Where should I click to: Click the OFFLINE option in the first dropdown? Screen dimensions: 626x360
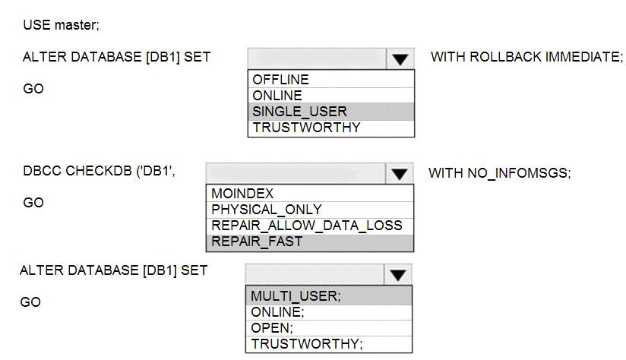[280, 80]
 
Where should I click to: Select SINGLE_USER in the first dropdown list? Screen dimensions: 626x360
[299, 112]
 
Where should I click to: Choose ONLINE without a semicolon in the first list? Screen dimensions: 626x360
[277, 96]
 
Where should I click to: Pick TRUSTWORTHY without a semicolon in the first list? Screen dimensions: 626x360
[306, 128]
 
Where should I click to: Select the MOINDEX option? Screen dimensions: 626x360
[242, 194]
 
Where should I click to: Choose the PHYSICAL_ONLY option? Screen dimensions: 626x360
[267, 210]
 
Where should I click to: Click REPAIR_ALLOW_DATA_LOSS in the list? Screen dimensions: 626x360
[307, 226]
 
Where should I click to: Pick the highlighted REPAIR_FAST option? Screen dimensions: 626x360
[257, 242]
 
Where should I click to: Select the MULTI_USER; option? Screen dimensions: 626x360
[296, 296]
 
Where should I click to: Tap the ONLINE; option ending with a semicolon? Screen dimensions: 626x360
[277, 312]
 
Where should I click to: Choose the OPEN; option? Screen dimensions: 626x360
[271, 328]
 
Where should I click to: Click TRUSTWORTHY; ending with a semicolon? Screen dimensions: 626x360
[307, 343]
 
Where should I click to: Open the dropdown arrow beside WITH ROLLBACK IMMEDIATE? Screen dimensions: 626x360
[400, 59]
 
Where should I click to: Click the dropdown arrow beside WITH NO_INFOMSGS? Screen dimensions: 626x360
[400, 174]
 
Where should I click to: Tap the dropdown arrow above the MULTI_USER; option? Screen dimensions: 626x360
[397, 275]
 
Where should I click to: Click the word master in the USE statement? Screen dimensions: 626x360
[77, 25]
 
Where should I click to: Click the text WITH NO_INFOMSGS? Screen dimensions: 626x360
[500, 173]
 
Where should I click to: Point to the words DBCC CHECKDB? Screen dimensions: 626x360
[77, 171]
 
